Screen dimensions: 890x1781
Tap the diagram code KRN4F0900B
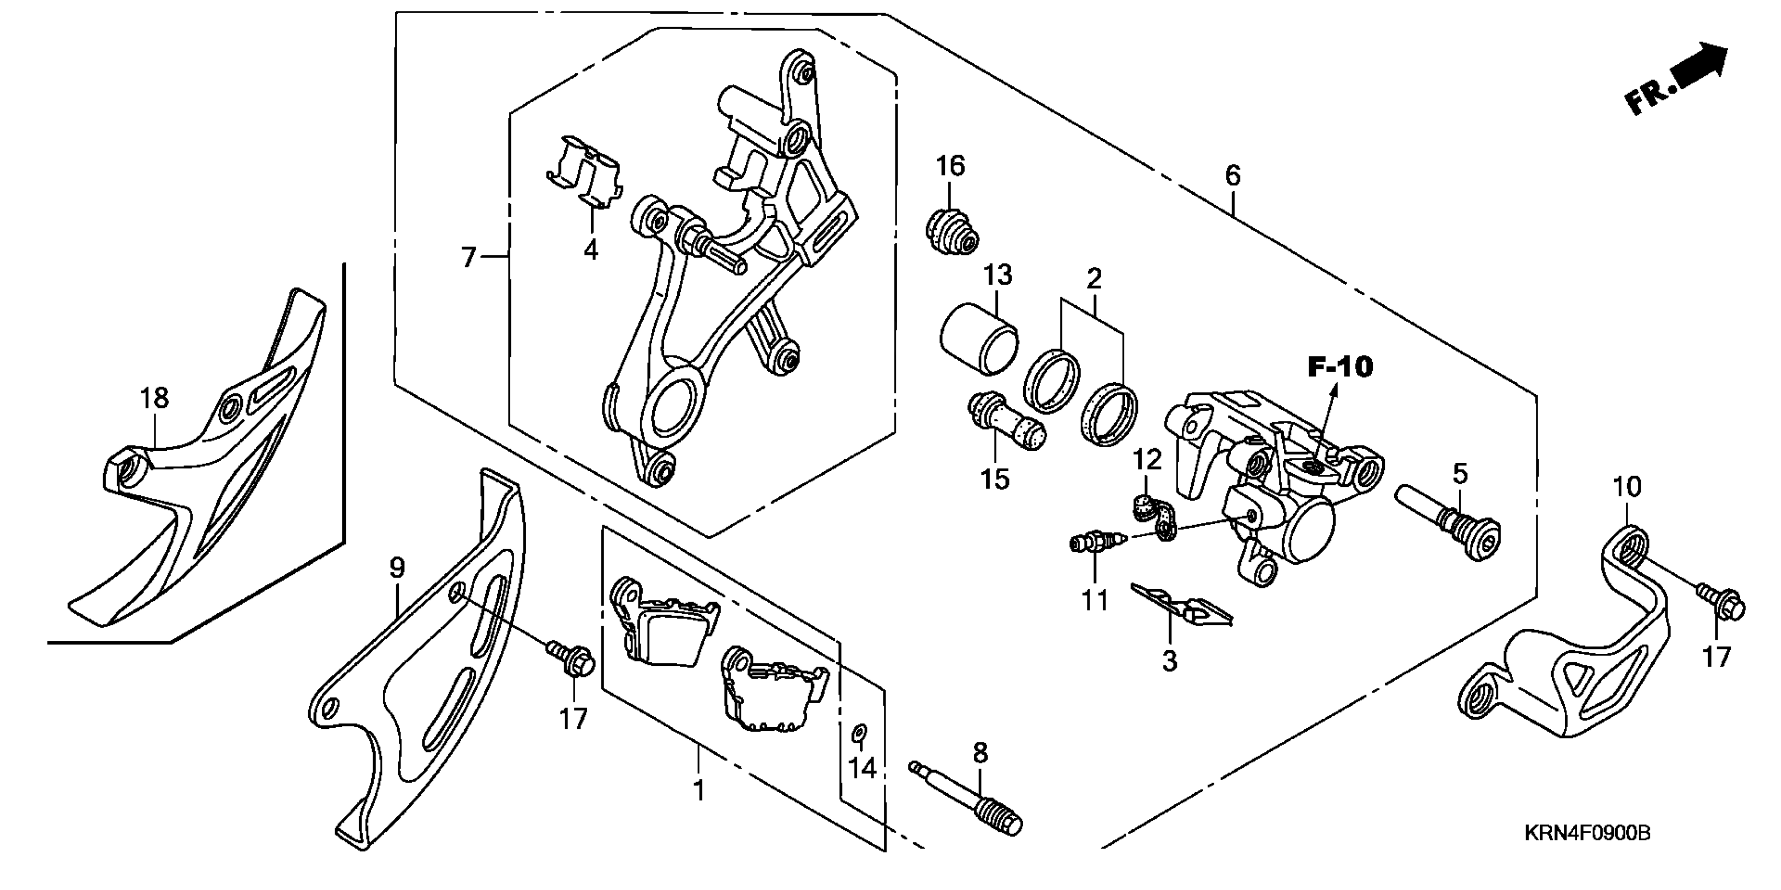coord(1587,832)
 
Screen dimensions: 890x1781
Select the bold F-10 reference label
coord(1340,367)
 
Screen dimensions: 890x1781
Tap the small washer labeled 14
coord(859,733)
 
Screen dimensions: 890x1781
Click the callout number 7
coord(469,258)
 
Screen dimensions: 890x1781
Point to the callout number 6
coord(1233,175)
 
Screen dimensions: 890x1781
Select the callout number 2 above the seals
coord(1093,279)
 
